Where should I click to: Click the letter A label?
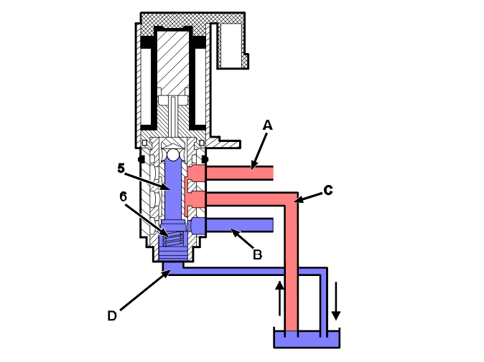pos(268,125)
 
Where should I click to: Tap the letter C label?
pos(328,190)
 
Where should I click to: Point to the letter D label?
pos(112,315)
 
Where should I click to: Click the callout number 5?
pos(121,168)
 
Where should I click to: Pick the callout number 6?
pos(124,195)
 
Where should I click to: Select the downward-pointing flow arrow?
pos(335,305)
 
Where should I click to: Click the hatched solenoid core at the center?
pos(172,65)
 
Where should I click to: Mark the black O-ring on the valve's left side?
pos(141,158)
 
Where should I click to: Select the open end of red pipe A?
pos(271,173)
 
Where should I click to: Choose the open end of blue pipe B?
pos(271,225)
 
